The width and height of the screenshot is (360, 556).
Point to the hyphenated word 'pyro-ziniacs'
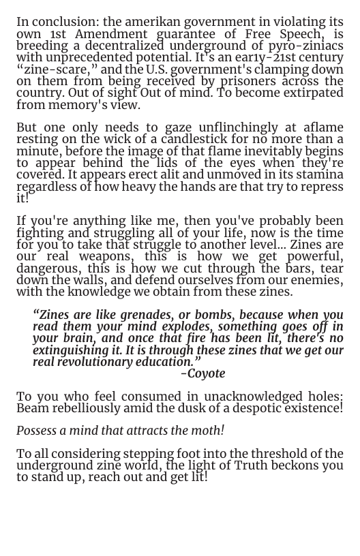(x=305, y=46)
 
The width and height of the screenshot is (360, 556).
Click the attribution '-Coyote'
(x=202, y=374)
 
